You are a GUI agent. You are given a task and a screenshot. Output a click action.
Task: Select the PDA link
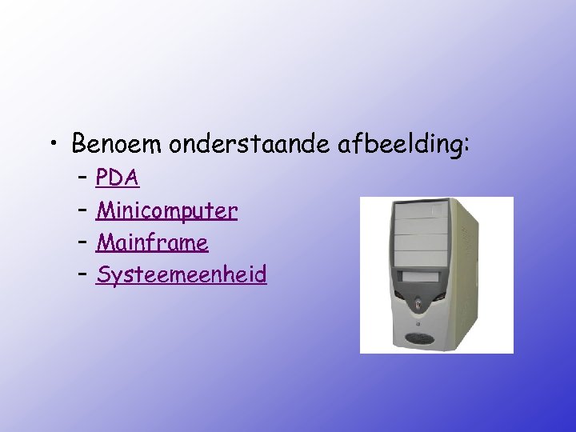click(118, 178)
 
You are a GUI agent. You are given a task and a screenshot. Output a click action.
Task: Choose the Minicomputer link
click(166, 210)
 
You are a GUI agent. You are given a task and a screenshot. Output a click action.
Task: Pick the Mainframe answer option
click(152, 242)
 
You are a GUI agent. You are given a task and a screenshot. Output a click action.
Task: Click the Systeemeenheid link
click(181, 275)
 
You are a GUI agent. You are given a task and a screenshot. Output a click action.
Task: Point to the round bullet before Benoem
click(53, 145)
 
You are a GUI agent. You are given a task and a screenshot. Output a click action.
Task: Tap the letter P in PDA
click(102, 178)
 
